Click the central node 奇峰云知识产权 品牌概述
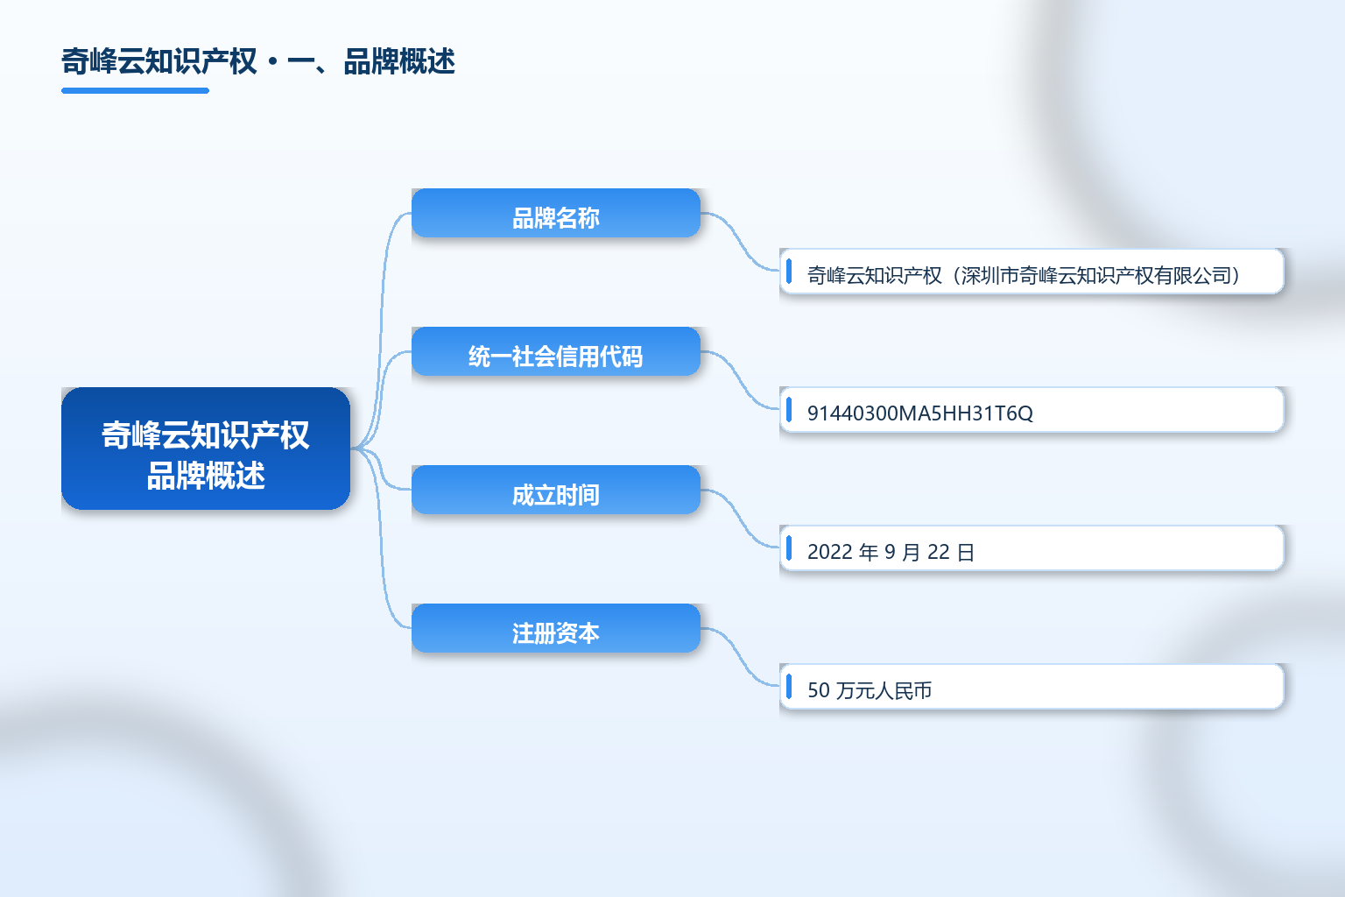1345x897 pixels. tap(206, 448)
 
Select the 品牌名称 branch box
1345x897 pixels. tap(556, 213)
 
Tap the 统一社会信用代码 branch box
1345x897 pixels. tap(556, 351)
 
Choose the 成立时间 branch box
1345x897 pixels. tap(556, 490)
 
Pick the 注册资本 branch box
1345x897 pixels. tap(556, 628)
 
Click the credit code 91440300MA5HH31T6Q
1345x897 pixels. tap(920, 413)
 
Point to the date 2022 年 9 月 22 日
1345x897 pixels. tap(891, 552)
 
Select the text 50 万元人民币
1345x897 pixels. tap(870, 690)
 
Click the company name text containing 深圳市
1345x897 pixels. tap(1024, 275)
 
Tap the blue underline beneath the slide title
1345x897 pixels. tap(135, 91)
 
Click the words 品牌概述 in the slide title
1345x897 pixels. tap(399, 61)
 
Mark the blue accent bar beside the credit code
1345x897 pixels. tap(789, 410)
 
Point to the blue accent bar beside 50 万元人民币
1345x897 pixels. tap(789, 687)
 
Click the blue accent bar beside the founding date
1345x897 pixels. tap(789, 548)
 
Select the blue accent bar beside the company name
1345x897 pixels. tap(789, 272)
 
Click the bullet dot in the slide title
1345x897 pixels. tap(272, 62)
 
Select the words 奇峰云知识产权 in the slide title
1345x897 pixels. tap(159, 61)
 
